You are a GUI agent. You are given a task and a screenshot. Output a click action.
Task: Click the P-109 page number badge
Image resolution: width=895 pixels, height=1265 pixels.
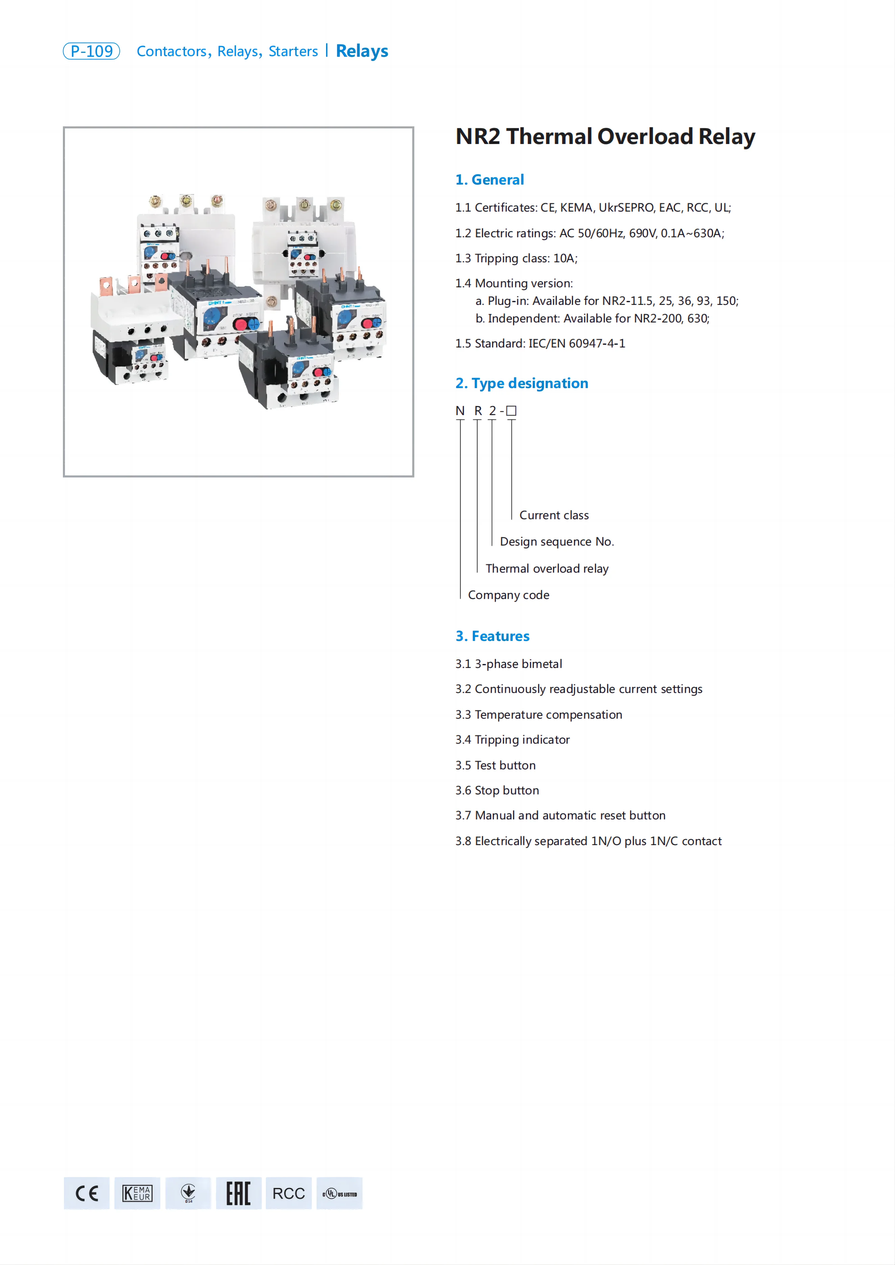pos(91,51)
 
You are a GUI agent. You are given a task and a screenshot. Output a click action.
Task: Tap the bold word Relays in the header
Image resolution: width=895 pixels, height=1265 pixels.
pos(362,51)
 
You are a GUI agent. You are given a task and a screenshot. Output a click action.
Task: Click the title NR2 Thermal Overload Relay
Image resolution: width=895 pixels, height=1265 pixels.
pos(605,137)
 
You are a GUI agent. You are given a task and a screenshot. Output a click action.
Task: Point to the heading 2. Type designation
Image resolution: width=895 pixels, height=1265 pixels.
pos(521,383)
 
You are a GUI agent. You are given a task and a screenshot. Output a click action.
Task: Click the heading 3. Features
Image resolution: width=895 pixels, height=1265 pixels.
pos(492,636)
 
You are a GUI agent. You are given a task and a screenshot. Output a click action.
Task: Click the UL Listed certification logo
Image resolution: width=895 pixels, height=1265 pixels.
pos(340,1193)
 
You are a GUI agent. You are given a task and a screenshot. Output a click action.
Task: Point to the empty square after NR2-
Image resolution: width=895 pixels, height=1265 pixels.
pos(511,411)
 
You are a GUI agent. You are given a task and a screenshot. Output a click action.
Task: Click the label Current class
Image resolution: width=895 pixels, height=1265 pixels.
pos(554,515)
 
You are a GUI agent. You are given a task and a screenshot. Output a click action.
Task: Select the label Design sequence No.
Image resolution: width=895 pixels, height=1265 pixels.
pos(557,542)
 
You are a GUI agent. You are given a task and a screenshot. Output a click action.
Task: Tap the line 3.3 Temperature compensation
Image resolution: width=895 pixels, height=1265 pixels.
pos(538,715)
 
